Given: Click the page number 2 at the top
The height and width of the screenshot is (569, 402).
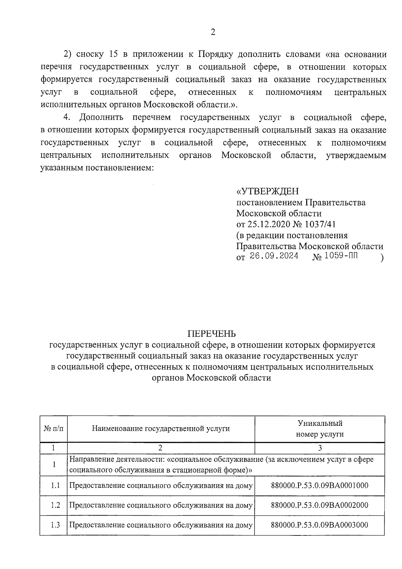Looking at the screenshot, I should click(x=212, y=32).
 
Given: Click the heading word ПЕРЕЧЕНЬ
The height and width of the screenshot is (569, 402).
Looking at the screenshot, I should click(x=211, y=334).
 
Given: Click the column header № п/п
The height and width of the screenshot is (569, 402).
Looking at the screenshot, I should click(x=53, y=429).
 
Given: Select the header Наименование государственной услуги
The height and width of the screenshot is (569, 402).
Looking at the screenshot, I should click(x=161, y=429).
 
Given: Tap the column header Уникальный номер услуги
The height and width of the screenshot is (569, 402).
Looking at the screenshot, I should click(x=320, y=429).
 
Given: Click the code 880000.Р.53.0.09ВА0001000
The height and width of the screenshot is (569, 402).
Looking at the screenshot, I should click(x=319, y=486).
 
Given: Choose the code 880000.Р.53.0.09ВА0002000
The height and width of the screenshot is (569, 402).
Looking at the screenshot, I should click(x=319, y=505).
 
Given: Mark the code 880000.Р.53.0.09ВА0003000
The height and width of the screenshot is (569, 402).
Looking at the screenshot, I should click(x=319, y=525).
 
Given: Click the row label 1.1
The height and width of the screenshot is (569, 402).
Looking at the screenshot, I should click(x=55, y=485).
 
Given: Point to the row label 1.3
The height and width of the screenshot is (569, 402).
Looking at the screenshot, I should click(x=55, y=525).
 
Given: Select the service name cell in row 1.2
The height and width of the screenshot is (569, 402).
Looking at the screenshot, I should click(x=160, y=505).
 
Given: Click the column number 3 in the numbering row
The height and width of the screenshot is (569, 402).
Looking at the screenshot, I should click(x=320, y=448).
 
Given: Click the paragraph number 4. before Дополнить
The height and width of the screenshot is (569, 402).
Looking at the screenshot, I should click(x=67, y=117).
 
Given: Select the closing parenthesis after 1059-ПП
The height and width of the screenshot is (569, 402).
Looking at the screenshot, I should click(x=382, y=258).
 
